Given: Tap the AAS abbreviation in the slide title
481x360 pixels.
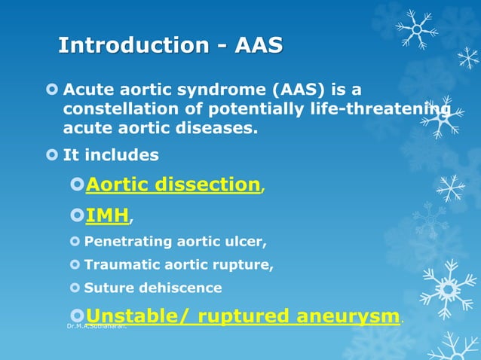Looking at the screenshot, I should pos(259,45).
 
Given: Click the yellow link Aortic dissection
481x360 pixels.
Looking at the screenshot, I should pos(173,185).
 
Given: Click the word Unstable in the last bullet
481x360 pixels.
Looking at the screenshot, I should pos(130,316).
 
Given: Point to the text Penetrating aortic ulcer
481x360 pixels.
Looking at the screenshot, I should pos(175,243).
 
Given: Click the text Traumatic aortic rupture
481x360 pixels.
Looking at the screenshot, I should pos(179,265).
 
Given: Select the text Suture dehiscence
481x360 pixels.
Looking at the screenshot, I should pos(153,288).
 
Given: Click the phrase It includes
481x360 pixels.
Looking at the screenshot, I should pos(111,155).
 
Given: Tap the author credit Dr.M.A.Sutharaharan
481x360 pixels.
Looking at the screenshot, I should pos(97,327).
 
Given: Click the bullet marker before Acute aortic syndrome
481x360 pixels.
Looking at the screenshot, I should pos(51,90).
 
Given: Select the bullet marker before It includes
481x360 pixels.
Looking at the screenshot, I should pos(51,155).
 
